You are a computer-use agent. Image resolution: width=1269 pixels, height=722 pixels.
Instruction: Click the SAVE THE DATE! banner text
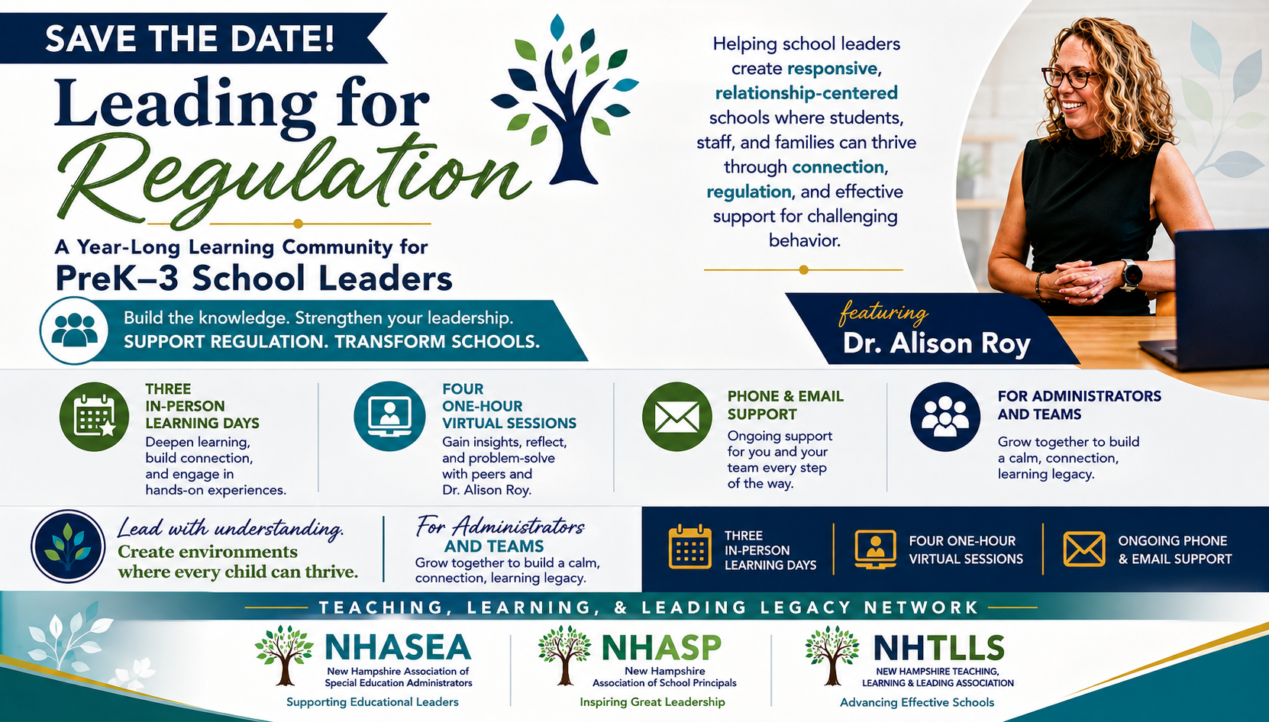click(190, 38)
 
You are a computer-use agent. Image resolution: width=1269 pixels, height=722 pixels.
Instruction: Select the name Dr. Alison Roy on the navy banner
click(936, 343)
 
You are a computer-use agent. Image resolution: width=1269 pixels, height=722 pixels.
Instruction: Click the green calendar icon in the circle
click(94, 417)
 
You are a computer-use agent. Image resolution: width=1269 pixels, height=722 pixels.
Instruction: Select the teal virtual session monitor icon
click(389, 416)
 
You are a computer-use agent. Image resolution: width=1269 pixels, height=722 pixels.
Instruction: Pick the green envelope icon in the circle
click(677, 417)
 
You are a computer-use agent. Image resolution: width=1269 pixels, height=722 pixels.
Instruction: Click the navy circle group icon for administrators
click(945, 417)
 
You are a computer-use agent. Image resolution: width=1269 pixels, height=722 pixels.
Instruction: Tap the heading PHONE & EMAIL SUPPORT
click(785, 405)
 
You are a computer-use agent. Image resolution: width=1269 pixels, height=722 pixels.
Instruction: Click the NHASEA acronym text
click(398, 647)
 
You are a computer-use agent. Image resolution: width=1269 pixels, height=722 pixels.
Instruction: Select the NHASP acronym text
click(661, 647)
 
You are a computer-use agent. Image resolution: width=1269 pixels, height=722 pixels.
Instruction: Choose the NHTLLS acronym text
click(938, 648)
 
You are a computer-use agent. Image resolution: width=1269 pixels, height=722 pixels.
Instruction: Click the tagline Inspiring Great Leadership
click(652, 702)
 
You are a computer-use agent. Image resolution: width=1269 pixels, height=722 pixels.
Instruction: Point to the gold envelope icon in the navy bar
click(1083, 550)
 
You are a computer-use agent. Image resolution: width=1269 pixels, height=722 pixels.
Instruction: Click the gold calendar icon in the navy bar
click(690, 547)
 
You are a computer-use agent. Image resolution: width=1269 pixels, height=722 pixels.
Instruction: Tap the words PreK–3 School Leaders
click(253, 278)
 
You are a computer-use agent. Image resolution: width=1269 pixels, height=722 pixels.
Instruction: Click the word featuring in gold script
click(883, 313)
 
